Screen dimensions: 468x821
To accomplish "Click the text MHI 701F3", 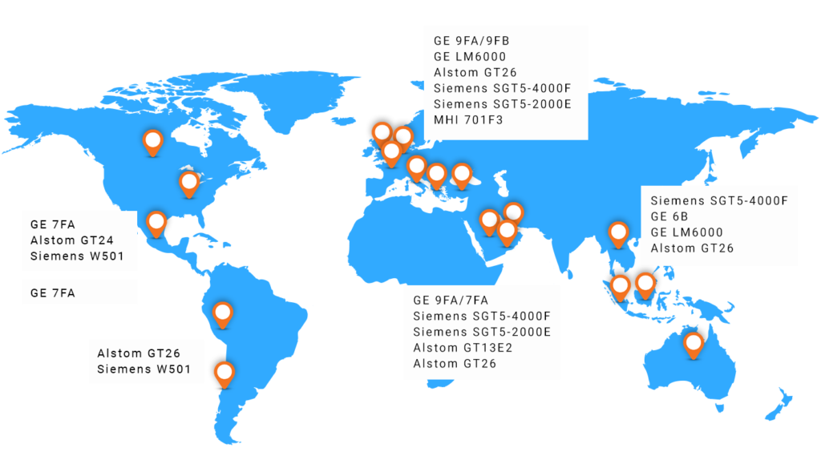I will [467, 120].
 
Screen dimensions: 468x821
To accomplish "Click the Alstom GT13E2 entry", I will [463, 348].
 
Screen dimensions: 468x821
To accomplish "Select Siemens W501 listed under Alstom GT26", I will [144, 369].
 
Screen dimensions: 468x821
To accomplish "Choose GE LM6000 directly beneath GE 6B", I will [686, 232].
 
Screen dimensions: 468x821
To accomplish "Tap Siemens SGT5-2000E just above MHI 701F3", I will [502, 104].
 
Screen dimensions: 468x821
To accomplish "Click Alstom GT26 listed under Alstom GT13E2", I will [455, 364].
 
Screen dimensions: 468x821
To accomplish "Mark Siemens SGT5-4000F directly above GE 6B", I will [719, 200].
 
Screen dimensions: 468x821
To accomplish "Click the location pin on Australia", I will [694, 345].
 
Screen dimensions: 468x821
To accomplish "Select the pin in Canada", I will [152, 141].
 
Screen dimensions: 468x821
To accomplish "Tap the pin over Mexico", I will [156, 221].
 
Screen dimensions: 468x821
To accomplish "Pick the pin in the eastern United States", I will [189, 183].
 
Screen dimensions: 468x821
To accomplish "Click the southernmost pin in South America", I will [225, 372].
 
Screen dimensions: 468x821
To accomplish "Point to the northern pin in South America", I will [222, 313].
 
